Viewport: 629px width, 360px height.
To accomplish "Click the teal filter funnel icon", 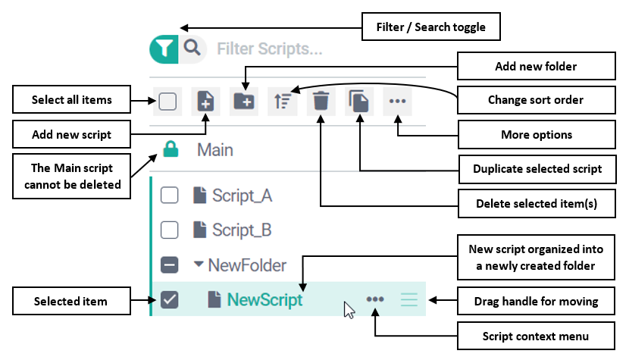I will (163, 49).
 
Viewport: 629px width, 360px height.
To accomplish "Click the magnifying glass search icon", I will (192, 49).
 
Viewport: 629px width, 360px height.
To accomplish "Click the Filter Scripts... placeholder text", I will (269, 49).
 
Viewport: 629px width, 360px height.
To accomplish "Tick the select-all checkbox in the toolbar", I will (167, 102).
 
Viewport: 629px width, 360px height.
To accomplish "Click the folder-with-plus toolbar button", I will (243, 102).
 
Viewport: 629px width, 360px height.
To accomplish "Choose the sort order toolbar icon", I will (282, 102).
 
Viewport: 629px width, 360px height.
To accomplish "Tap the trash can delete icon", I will (321, 102).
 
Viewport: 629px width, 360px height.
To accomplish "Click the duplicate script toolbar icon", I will (359, 102).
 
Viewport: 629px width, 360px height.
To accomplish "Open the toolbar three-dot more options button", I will (397, 102).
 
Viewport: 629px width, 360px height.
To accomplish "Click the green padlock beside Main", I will (170, 150).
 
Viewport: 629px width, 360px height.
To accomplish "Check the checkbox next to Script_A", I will (170, 196).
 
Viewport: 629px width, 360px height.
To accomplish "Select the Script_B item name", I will (241, 230).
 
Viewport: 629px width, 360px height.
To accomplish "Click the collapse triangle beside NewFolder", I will (199, 265).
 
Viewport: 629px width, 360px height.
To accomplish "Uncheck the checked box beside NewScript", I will (170, 300).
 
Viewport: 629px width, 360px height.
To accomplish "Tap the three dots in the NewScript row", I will (375, 300).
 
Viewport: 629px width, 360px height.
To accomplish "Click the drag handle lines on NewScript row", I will (409, 300).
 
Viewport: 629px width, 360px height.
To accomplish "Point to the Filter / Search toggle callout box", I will (430, 29).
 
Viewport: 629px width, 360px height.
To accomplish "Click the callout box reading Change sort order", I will (535, 100).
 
